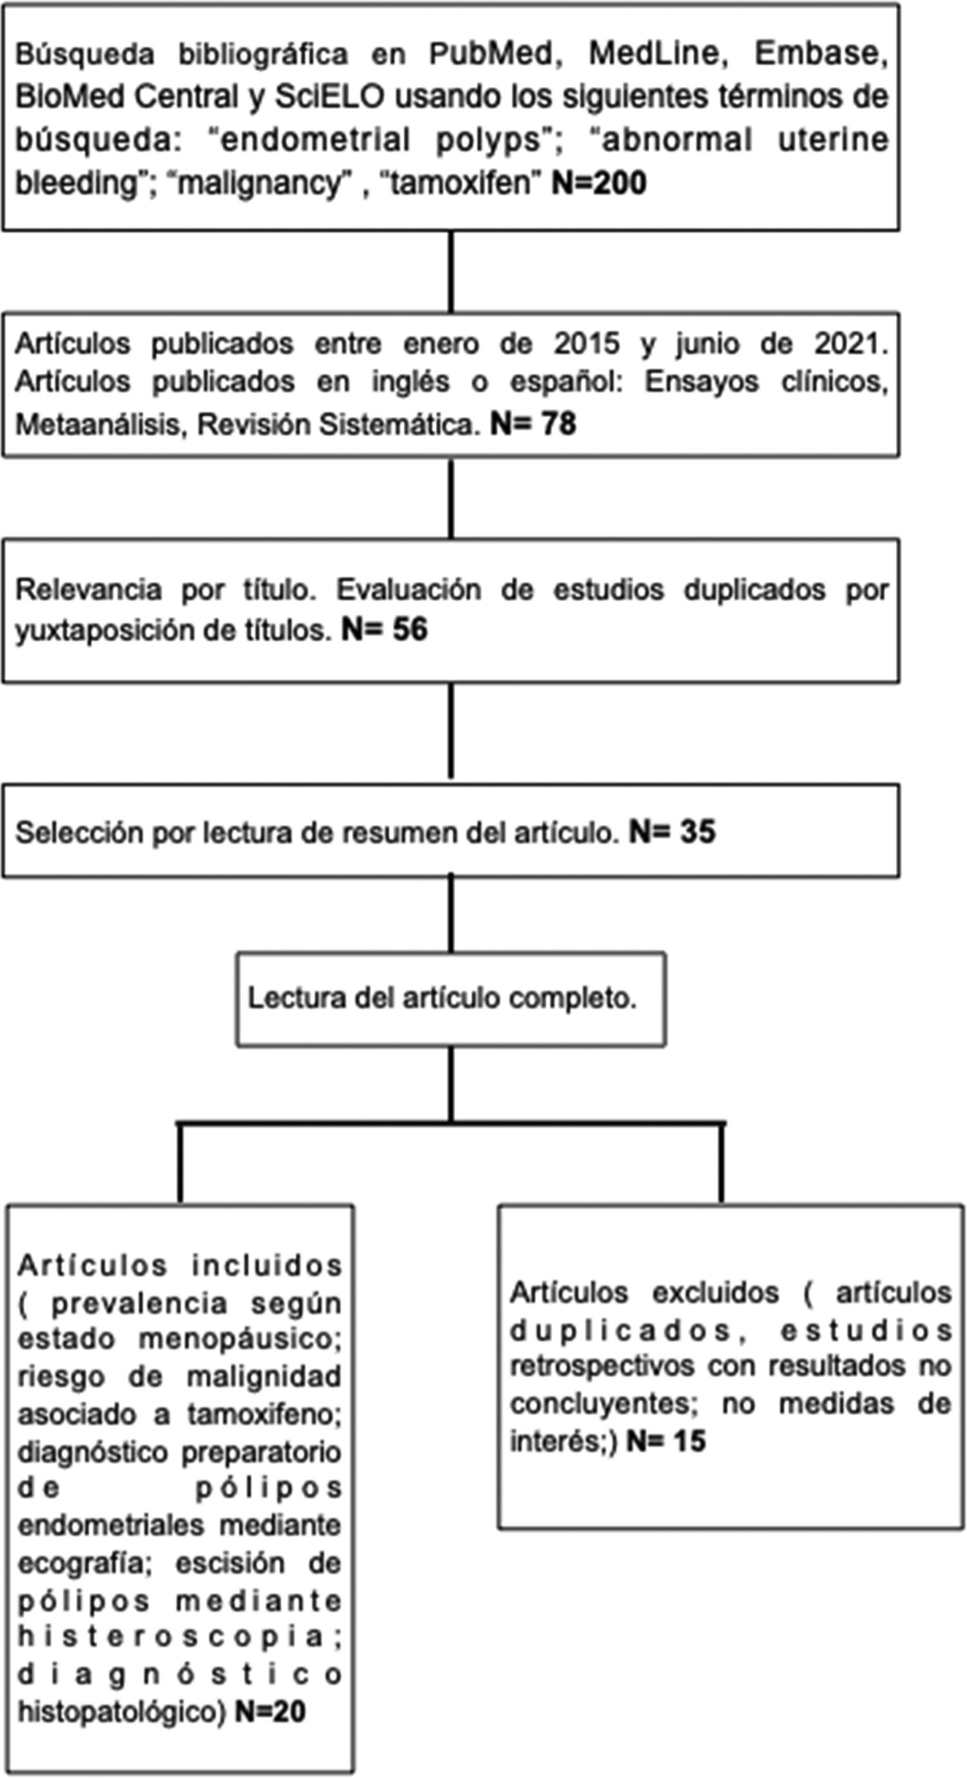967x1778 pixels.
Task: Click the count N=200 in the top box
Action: click(598, 184)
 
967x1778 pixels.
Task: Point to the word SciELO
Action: click(329, 97)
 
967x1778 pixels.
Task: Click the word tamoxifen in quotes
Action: click(464, 184)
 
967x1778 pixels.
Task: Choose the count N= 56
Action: click(384, 629)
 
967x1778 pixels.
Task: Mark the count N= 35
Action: click(672, 832)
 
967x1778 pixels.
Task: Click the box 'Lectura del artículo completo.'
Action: click(451, 999)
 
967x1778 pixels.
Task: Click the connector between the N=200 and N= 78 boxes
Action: click(451, 271)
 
